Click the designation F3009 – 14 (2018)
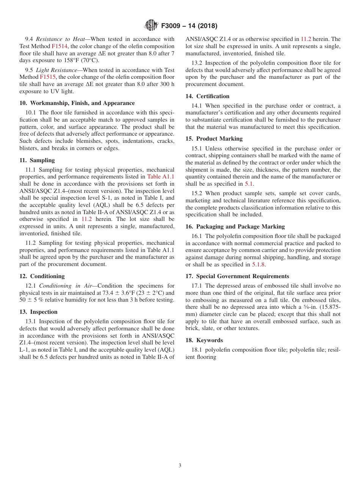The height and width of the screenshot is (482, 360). pos(189,26)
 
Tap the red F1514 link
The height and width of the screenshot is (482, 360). pos(59,46)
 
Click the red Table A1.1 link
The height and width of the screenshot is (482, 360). pos(161,177)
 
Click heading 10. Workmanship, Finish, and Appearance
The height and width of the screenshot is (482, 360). pos(77,103)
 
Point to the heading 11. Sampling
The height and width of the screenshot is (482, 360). pos(37,160)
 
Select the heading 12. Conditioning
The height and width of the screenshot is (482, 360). pos(42,276)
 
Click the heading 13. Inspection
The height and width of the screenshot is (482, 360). pos(38,312)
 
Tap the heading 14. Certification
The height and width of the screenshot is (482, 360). pos(207,96)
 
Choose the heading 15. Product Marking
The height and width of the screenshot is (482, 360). pos(214,139)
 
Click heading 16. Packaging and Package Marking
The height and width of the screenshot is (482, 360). pos(235,227)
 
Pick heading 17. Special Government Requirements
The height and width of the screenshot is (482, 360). pos(237,276)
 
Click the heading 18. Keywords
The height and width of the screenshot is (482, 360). pos(204,340)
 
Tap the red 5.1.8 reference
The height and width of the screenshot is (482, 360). pos(258,264)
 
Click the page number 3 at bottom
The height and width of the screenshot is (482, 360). pos(180,466)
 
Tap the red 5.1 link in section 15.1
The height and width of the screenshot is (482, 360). pos(249,184)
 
